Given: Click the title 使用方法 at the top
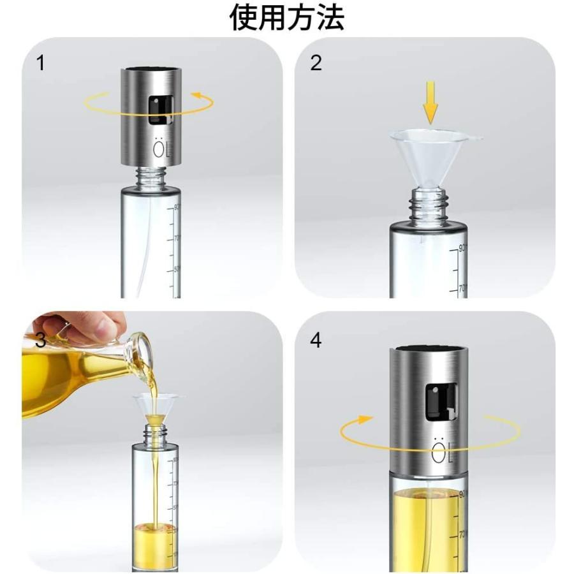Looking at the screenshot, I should click(x=286, y=18).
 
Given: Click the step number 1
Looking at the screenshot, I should click(x=41, y=64).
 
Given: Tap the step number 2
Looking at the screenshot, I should click(x=316, y=64).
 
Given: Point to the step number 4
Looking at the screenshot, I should click(x=316, y=340).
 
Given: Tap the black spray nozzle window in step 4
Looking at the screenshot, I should click(x=440, y=402).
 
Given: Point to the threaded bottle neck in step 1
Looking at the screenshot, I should click(x=151, y=177).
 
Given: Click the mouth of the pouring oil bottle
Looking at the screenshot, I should click(x=143, y=357).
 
